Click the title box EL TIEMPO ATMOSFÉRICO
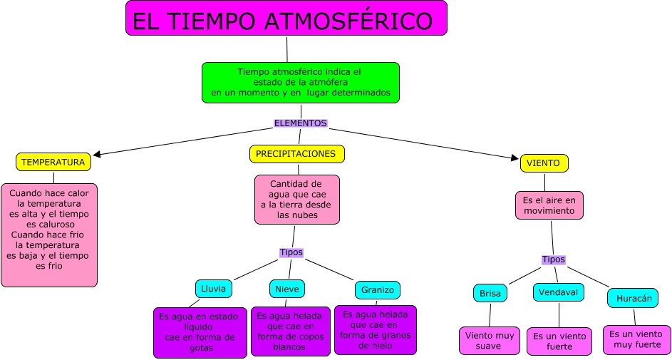click(286, 19)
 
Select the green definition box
click(300, 82)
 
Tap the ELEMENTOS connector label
click(300, 123)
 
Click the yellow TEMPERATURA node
click(53, 163)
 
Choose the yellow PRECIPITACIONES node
click(296, 154)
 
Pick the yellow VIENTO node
click(544, 163)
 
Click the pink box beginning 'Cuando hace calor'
click(48, 235)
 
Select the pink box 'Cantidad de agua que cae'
click(296, 200)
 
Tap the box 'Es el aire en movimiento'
click(549, 205)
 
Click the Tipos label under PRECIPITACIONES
click(291, 252)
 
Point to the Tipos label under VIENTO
click(553, 259)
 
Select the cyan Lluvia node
click(213, 289)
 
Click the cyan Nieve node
click(286, 289)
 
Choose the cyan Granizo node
click(377, 290)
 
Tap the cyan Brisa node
click(490, 293)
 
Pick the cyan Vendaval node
click(558, 292)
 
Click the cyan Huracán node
click(633, 298)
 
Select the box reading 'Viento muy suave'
click(490, 340)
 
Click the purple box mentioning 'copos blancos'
click(289, 331)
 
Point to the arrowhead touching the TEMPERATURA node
click(98, 153)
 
